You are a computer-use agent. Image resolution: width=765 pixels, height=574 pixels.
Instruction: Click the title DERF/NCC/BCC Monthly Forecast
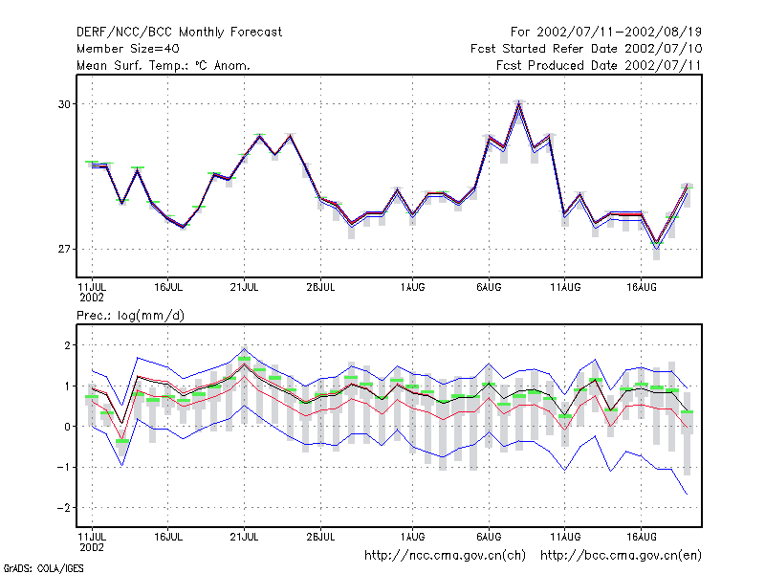click(x=179, y=33)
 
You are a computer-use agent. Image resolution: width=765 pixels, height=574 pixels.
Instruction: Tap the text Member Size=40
click(x=128, y=49)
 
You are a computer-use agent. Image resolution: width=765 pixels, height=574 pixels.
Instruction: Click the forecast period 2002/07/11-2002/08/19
click(x=619, y=33)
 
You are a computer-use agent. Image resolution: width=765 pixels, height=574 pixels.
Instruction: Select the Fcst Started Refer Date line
click(x=586, y=49)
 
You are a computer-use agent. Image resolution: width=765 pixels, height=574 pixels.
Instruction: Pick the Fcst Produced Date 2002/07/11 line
click(x=599, y=65)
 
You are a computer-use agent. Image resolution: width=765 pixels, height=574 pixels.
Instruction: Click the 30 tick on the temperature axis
click(x=64, y=104)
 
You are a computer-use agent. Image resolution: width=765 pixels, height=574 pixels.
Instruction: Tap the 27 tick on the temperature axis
click(x=64, y=249)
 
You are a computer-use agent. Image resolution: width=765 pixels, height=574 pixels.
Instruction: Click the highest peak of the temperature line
click(x=519, y=103)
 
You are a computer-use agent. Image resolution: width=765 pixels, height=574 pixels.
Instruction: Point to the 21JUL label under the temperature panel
click(x=244, y=287)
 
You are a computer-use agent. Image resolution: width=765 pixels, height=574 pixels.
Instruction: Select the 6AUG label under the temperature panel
click(x=489, y=287)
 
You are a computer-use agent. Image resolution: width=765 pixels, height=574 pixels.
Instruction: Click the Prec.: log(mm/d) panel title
click(x=130, y=316)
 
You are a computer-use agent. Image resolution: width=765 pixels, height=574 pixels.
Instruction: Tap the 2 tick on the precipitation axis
click(x=67, y=345)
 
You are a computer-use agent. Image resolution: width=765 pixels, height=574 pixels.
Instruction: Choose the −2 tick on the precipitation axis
click(x=64, y=508)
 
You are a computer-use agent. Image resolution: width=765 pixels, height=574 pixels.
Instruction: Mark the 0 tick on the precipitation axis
click(x=67, y=427)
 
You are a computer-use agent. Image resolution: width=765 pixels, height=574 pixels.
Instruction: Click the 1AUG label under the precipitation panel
click(x=412, y=537)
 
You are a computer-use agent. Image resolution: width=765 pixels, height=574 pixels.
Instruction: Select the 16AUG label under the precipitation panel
click(x=641, y=537)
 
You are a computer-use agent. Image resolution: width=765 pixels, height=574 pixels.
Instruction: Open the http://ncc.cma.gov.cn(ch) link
click(x=445, y=556)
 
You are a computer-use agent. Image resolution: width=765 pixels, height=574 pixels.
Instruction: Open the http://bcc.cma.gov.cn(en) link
click(x=621, y=556)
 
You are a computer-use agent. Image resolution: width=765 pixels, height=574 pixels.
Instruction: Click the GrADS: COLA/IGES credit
click(x=43, y=568)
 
